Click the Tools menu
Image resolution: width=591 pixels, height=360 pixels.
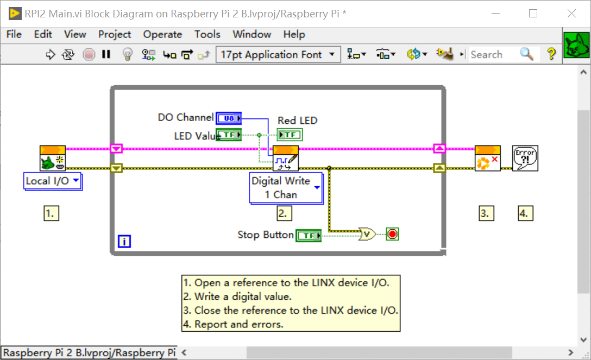(207, 34)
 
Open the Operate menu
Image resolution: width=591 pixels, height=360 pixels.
(162, 34)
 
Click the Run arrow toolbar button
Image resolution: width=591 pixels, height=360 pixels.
(51, 54)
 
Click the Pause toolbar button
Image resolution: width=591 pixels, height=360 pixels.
(106, 54)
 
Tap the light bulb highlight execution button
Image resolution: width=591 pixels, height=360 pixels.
(127, 54)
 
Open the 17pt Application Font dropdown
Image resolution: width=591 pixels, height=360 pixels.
(278, 54)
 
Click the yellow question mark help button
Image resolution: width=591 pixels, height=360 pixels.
(551, 54)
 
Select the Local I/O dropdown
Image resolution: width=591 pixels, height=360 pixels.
(52, 181)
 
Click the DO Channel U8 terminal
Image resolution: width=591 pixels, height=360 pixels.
(228, 118)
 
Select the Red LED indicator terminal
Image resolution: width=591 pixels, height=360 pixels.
(290, 135)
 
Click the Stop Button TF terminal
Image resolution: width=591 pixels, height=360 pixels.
(308, 235)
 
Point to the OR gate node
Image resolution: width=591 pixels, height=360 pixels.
(367, 235)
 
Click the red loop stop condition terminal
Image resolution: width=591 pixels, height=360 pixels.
(392, 235)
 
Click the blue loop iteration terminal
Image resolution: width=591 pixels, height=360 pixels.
(124, 242)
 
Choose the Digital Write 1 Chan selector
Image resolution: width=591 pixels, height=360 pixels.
(286, 188)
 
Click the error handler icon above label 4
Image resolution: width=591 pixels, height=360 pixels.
(525, 159)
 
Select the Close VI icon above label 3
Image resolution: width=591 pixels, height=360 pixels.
(487, 159)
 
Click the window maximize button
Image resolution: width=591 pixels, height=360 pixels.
(533, 14)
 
